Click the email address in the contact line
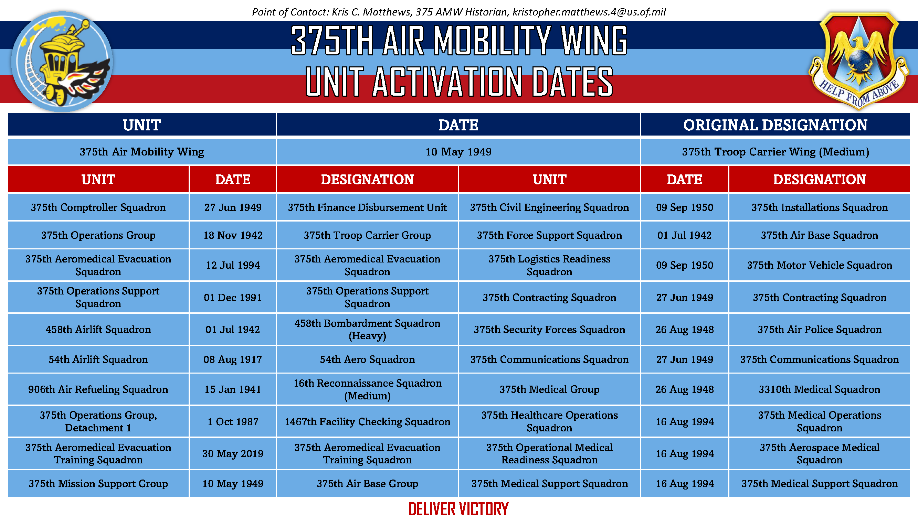point(589,12)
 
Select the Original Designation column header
point(775,125)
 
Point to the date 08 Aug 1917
point(233,359)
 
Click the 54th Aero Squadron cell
point(367,359)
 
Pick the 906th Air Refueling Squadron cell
point(98,389)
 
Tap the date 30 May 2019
point(233,454)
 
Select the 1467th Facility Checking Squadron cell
point(367,422)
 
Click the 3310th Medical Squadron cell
point(819,389)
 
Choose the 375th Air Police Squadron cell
point(819,330)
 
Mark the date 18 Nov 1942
point(233,235)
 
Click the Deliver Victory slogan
point(458,508)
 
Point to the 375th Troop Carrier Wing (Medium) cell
point(775,152)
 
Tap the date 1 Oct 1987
point(233,422)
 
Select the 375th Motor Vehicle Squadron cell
point(819,265)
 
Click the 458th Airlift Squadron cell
point(98,330)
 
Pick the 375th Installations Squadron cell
point(819,207)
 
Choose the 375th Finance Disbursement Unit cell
point(367,207)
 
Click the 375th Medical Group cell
point(549,389)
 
